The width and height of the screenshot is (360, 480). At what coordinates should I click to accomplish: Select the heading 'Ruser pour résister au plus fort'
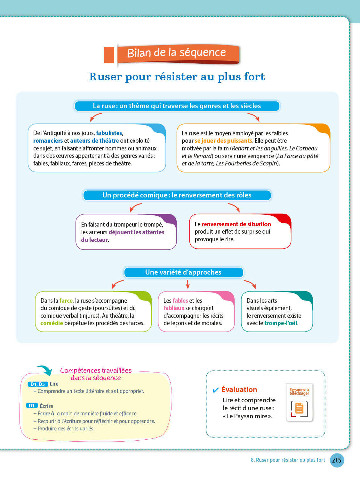tap(177, 77)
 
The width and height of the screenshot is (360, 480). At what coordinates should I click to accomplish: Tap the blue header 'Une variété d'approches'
tap(183, 272)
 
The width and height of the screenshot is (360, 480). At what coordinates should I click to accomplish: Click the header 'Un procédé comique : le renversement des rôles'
tap(177, 195)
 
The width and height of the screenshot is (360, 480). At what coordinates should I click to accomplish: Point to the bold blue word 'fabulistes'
tap(109, 133)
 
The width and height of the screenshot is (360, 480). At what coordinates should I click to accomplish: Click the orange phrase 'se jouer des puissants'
tap(223, 141)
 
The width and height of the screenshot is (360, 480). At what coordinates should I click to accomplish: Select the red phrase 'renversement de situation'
tap(236, 224)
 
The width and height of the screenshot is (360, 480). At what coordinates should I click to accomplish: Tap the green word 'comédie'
tap(52, 323)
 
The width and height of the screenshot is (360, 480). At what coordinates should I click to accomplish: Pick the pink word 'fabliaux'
tap(174, 308)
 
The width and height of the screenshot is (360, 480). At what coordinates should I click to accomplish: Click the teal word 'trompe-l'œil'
tap(281, 323)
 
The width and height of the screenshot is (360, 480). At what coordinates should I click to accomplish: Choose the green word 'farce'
tap(66, 301)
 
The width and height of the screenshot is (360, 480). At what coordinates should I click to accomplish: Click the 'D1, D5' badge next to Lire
tap(38, 384)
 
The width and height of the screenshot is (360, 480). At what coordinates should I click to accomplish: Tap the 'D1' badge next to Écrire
tap(32, 406)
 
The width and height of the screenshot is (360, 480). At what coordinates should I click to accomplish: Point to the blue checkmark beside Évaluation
tap(216, 390)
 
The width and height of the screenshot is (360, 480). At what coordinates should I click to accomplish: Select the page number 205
tap(337, 460)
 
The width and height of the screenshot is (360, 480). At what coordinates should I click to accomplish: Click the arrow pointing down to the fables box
tap(188, 284)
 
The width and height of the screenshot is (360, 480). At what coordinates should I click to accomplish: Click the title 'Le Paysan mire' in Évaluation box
tap(247, 416)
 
